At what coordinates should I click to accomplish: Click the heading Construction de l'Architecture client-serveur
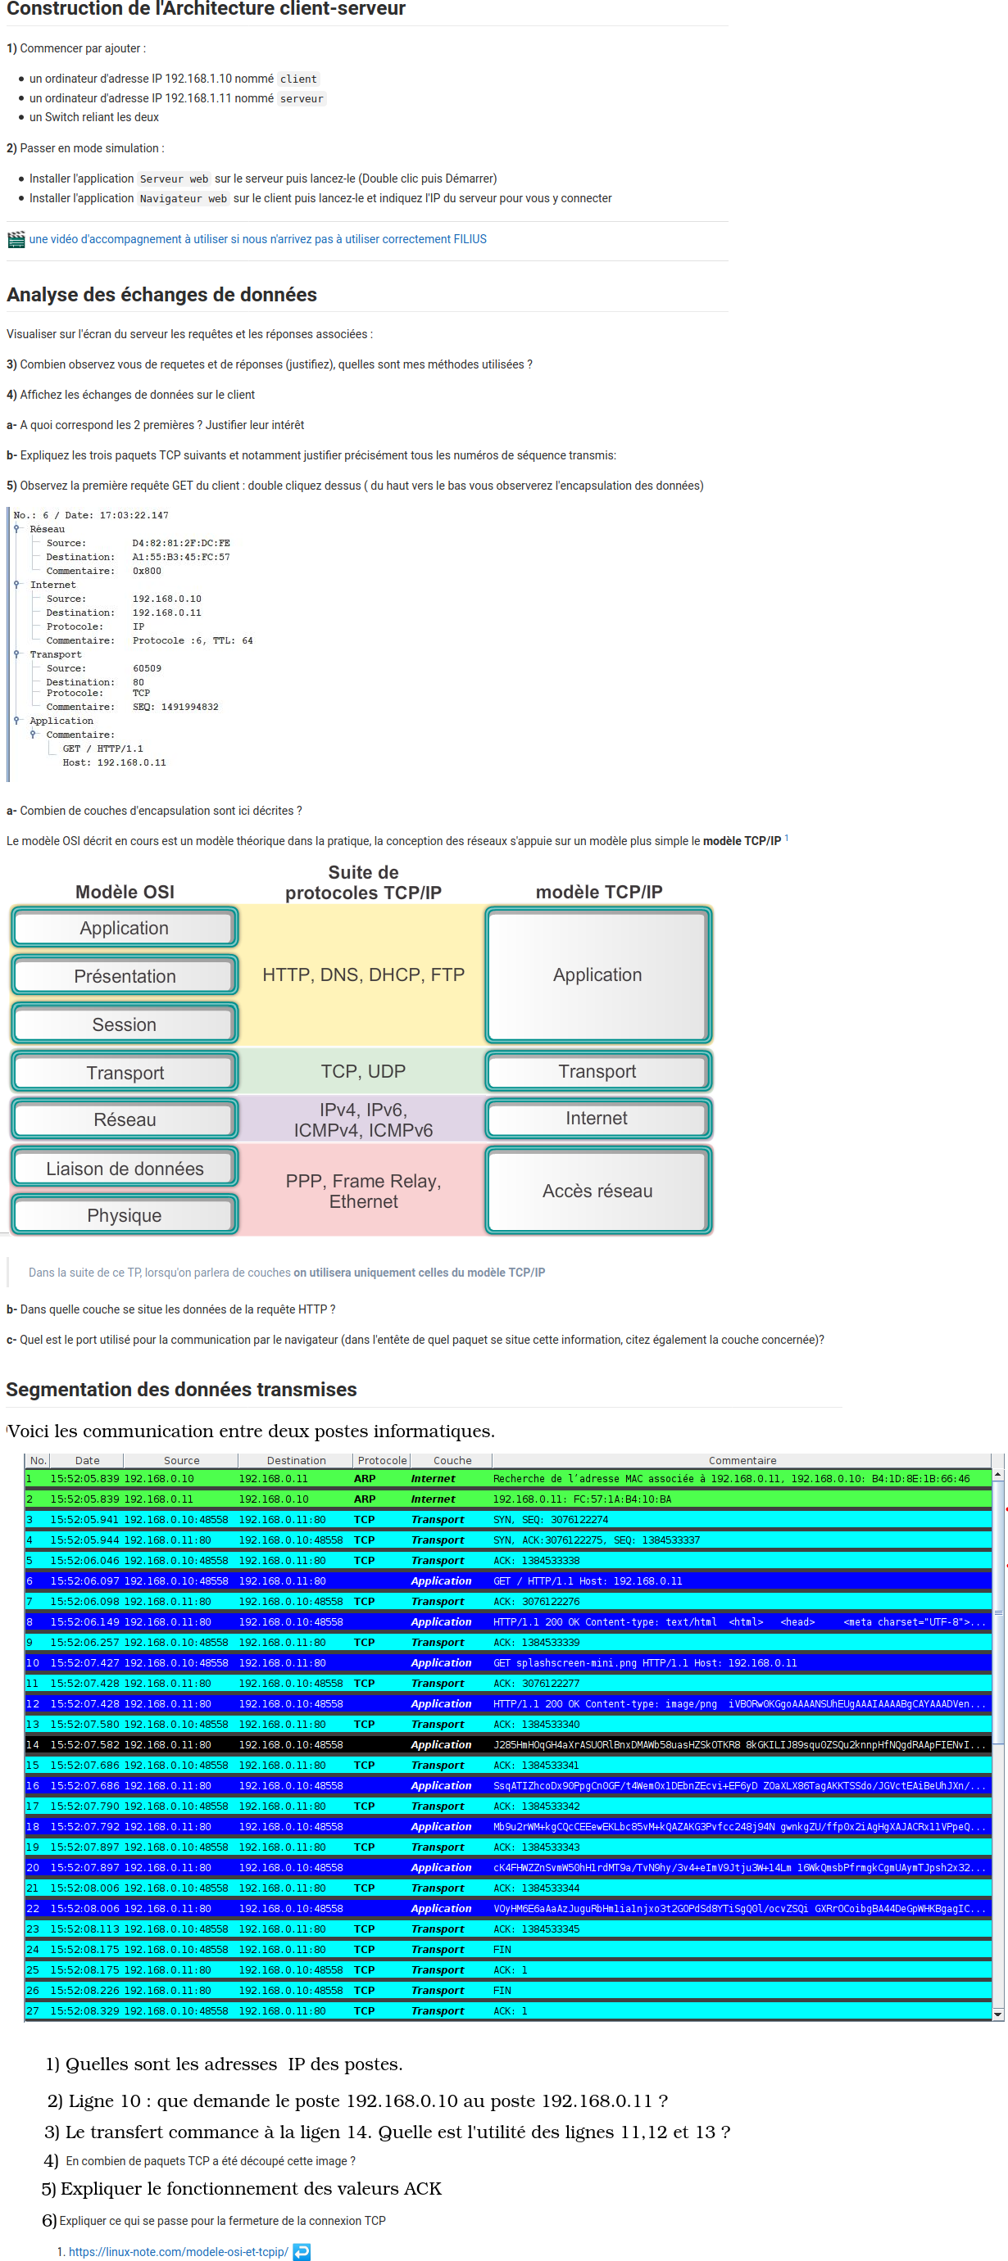(x=206, y=9)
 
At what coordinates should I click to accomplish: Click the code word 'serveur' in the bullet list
(x=302, y=99)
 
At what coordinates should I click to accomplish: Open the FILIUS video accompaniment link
(x=257, y=239)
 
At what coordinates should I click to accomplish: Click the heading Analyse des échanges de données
(x=161, y=295)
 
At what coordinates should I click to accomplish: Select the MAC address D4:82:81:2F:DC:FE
(x=181, y=543)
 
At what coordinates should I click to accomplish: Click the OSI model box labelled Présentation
(x=125, y=976)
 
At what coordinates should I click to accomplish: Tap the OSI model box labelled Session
(x=125, y=1024)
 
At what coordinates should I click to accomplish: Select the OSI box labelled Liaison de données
(x=125, y=1169)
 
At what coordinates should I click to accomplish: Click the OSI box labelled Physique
(x=125, y=1215)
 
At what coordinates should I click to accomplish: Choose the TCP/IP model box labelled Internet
(x=597, y=1118)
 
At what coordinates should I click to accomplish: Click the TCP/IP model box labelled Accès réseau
(x=597, y=1191)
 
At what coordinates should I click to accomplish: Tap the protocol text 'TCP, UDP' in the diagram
(x=362, y=1072)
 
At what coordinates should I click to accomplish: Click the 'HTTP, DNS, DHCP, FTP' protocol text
(x=362, y=975)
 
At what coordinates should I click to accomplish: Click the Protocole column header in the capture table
(x=382, y=1461)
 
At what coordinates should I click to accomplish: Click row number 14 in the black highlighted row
(x=33, y=1744)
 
